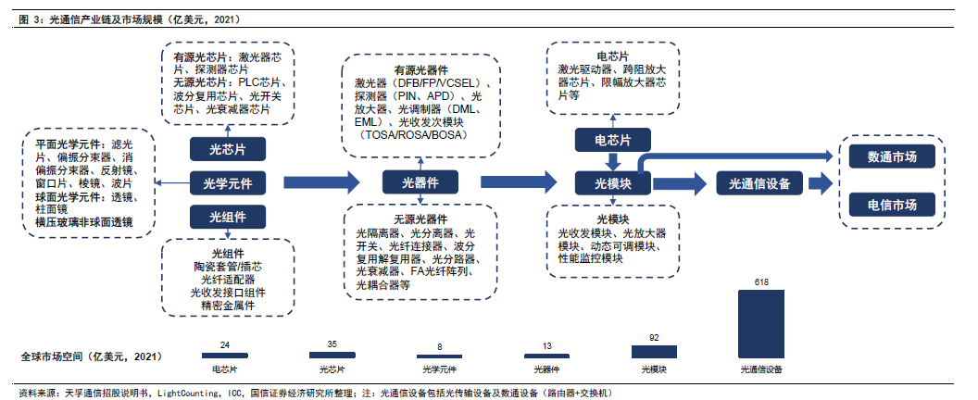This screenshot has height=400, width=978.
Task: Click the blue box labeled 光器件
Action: [x=420, y=182]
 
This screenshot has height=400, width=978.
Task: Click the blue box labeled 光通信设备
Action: [x=759, y=182]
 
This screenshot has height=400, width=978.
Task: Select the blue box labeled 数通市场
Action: [x=892, y=157]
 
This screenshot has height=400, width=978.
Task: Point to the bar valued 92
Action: [x=654, y=352]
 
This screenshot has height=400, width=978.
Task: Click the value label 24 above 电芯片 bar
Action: [x=225, y=345]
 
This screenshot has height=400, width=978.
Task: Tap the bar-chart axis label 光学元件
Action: [x=439, y=369]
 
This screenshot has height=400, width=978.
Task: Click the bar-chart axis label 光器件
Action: [x=546, y=369]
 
